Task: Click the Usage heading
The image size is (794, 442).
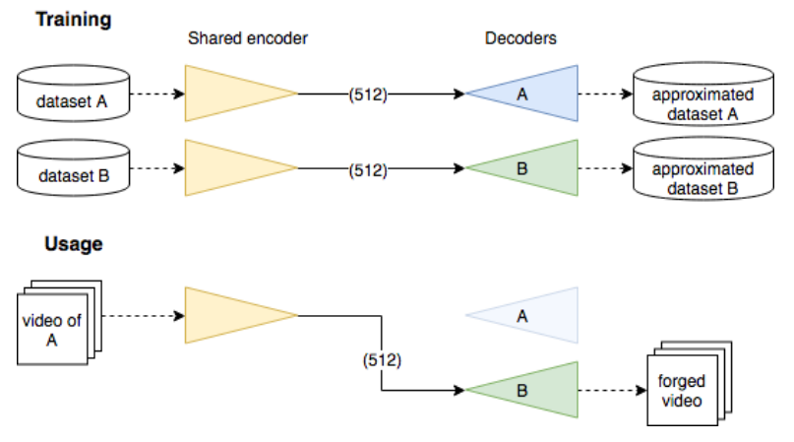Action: coord(73,244)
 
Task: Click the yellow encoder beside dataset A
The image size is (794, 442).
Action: coord(230,95)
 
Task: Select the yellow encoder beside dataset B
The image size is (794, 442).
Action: coord(230,169)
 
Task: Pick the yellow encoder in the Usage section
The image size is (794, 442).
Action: coord(230,315)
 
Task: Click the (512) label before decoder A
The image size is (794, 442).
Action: coord(366,95)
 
